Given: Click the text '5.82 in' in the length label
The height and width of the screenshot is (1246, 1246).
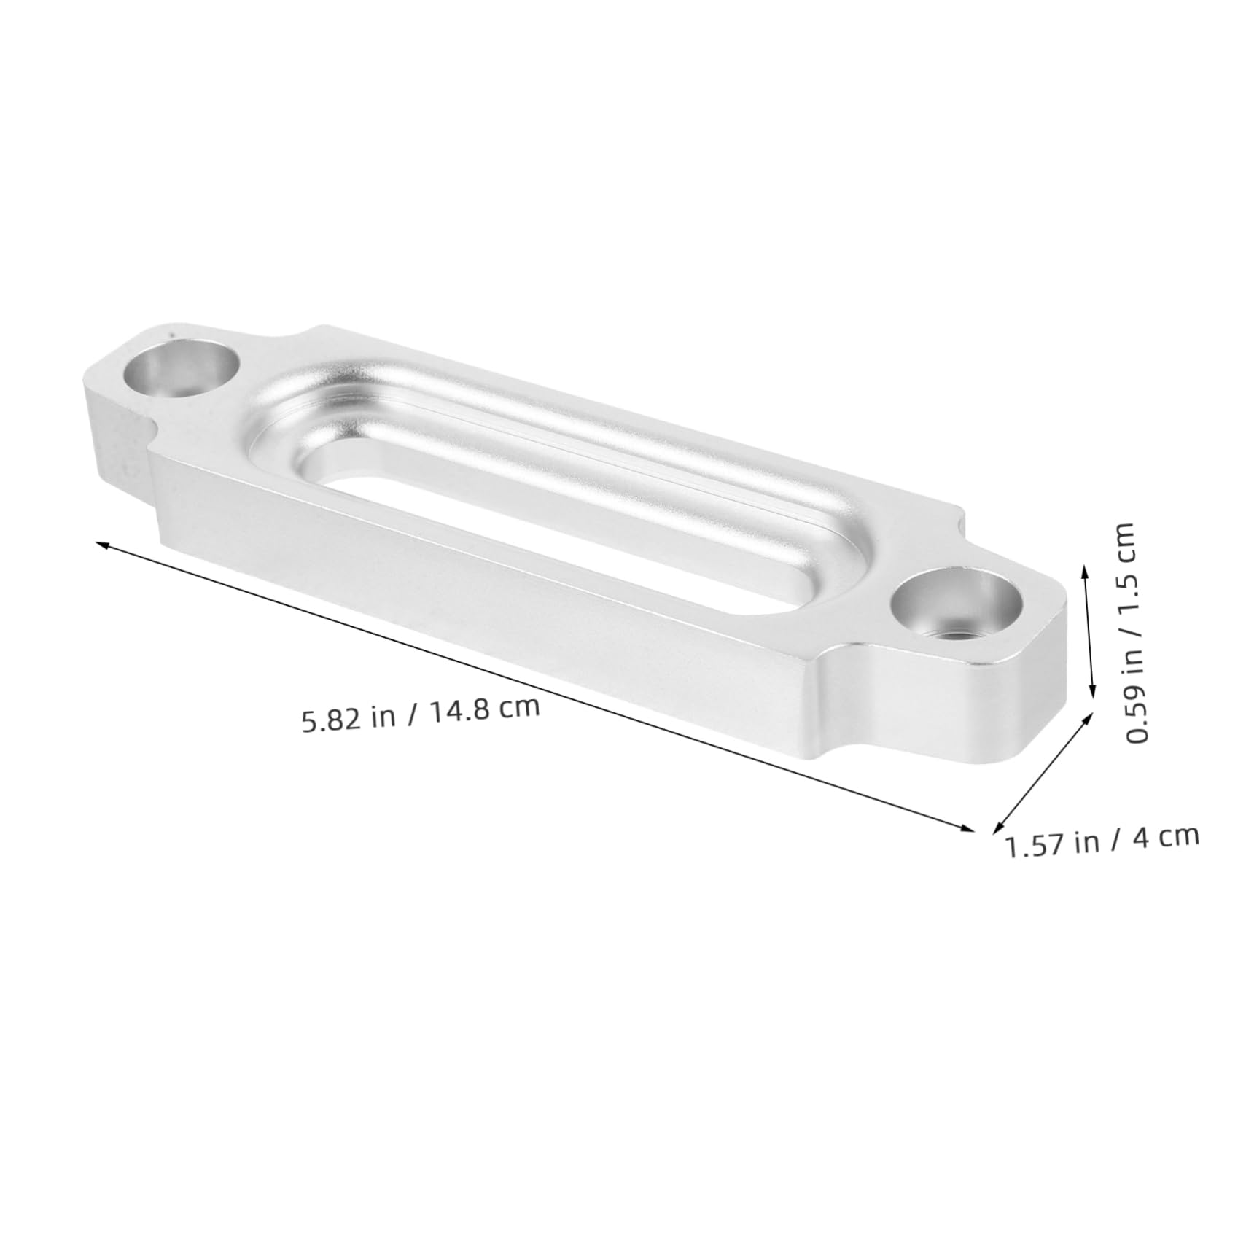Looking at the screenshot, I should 346,720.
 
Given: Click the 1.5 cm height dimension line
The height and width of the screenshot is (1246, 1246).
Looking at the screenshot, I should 1089,631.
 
